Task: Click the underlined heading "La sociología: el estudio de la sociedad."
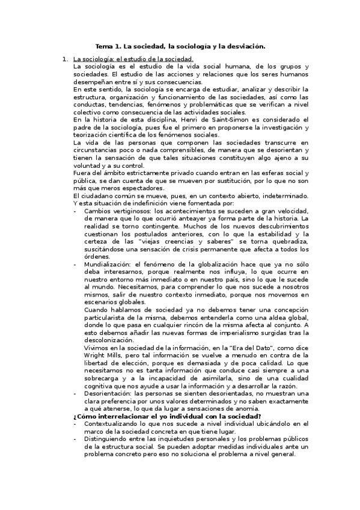tap(133, 59)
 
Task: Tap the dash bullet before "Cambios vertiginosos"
tap(75, 210)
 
